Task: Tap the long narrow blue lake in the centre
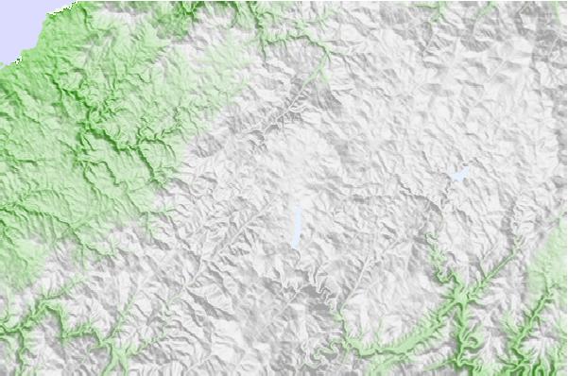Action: click(298, 227)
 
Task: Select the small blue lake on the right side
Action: click(459, 175)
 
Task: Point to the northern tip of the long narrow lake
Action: click(299, 207)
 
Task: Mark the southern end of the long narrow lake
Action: click(296, 248)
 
